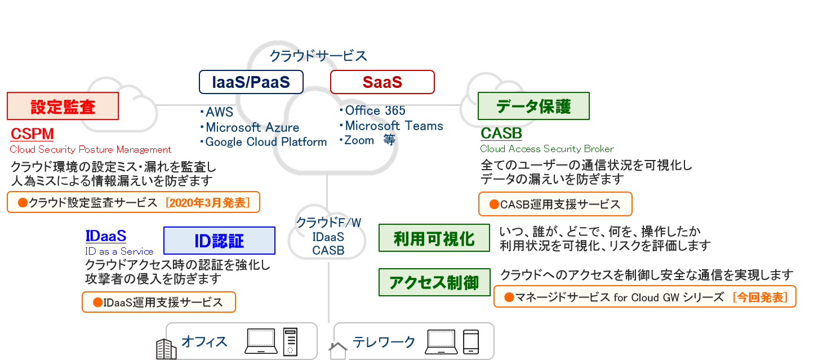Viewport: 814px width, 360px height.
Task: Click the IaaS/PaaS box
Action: pos(251,82)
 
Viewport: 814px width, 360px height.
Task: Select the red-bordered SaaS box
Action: pos(382,82)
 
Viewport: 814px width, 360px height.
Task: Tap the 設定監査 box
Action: pos(63,106)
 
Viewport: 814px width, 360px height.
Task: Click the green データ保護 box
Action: pos(533,106)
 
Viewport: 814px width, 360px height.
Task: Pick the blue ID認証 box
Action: pos(219,241)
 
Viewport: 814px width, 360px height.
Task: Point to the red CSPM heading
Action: pos(32,134)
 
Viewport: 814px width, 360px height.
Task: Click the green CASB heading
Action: pos(501,134)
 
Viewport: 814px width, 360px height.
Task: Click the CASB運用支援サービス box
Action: pos(555,205)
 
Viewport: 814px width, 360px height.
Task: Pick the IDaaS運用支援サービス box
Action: pos(158,302)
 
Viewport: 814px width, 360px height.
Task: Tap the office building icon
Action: pos(167,349)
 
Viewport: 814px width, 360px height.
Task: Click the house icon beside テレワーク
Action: pos(339,350)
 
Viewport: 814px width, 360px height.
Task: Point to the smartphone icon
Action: pos(470,341)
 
